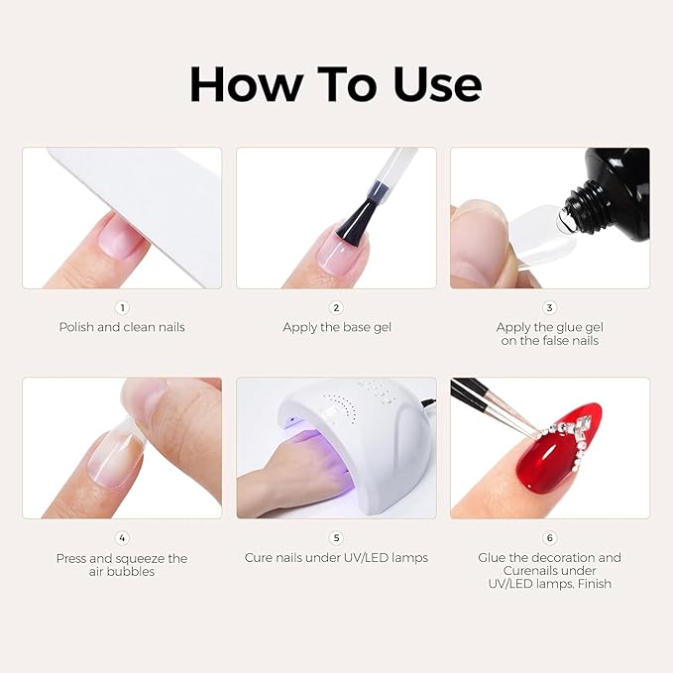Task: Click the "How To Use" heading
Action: click(x=335, y=85)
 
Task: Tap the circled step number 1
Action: click(x=122, y=308)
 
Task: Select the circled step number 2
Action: click(x=336, y=308)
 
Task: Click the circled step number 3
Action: click(x=550, y=308)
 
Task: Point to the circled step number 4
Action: click(x=122, y=538)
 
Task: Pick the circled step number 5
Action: click(x=336, y=538)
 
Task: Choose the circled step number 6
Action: click(x=550, y=538)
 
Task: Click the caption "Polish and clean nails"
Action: click(x=122, y=327)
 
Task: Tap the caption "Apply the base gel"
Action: click(x=336, y=327)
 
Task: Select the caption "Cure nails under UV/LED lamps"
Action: click(x=336, y=558)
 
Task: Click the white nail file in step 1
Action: click(x=149, y=198)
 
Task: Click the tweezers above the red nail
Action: click(x=486, y=401)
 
